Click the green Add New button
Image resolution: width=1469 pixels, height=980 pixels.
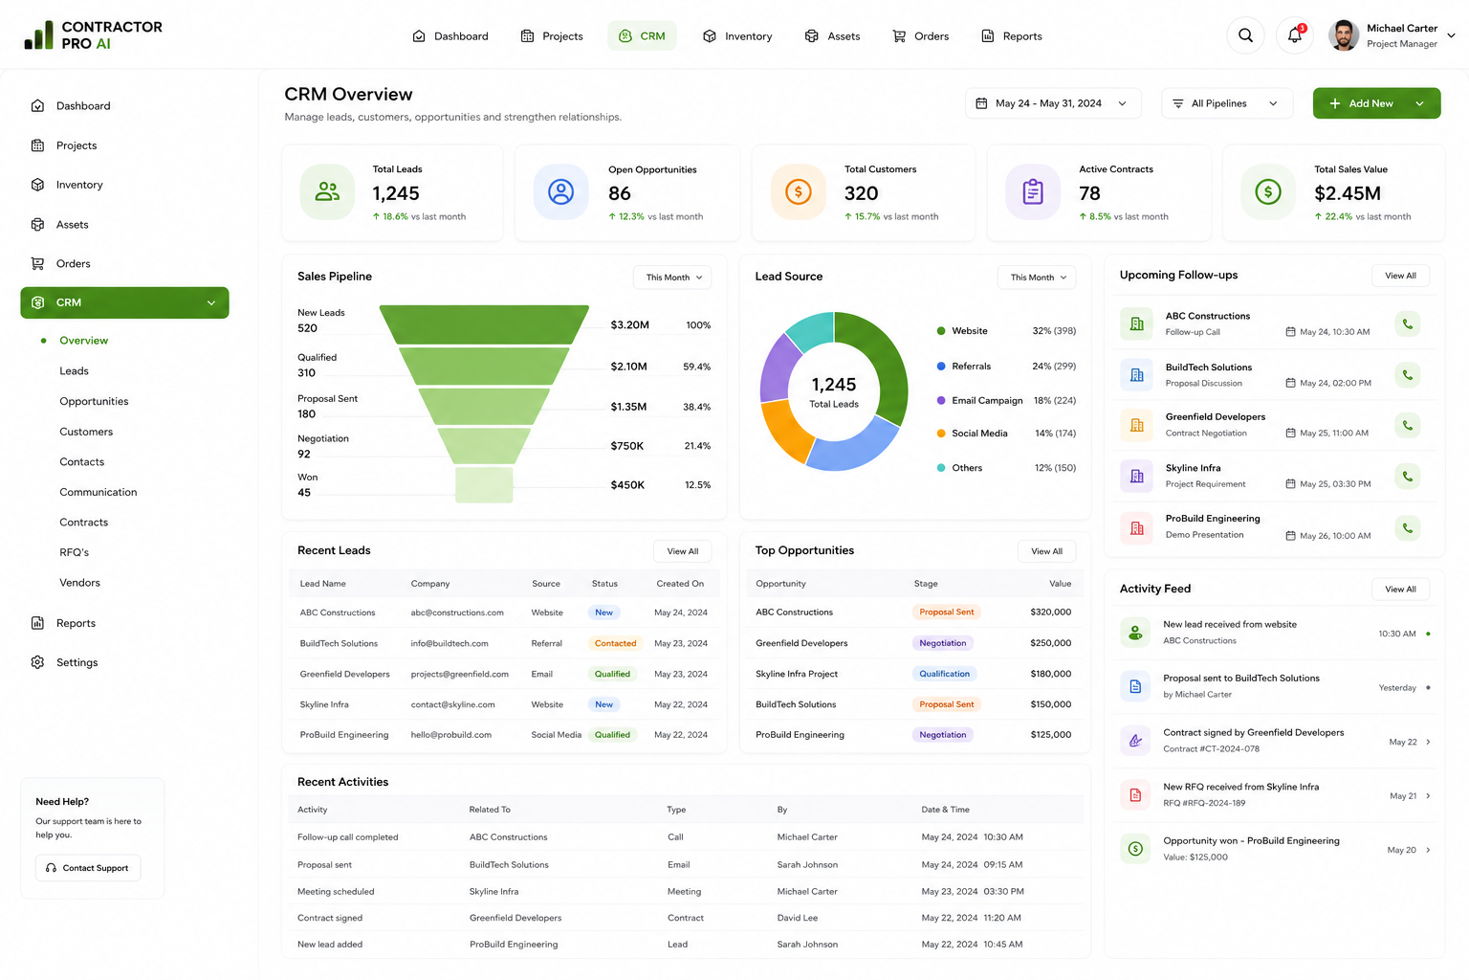point(1376,103)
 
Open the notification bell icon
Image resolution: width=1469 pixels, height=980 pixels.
point(1295,35)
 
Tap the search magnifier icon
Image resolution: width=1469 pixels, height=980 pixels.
point(1245,35)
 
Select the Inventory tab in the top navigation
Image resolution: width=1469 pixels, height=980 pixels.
point(737,36)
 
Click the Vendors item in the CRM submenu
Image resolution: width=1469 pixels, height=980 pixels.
point(79,582)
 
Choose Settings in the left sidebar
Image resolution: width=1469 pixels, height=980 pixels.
point(77,662)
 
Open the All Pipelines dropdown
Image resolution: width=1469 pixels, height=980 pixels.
point(1226,103)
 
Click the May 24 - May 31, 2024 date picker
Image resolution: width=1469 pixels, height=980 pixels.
point(1053,103)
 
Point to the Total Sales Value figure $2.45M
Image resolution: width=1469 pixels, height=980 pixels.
point(1347,193)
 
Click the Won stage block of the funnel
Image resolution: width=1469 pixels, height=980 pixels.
point(484,484)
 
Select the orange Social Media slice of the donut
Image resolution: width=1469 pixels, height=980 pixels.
point(785,430)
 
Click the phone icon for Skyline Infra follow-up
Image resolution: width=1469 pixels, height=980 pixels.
point(1408,477)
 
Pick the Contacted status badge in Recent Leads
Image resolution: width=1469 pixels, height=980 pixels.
point(615,643)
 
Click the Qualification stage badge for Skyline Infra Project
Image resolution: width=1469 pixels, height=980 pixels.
point(944,674)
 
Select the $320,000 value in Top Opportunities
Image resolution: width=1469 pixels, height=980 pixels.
point(1051,612)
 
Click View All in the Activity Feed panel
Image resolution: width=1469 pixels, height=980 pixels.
point(1400,589)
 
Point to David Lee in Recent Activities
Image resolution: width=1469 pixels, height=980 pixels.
point(797,918)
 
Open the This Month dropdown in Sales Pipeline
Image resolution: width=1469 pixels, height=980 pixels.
point(672,277)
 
